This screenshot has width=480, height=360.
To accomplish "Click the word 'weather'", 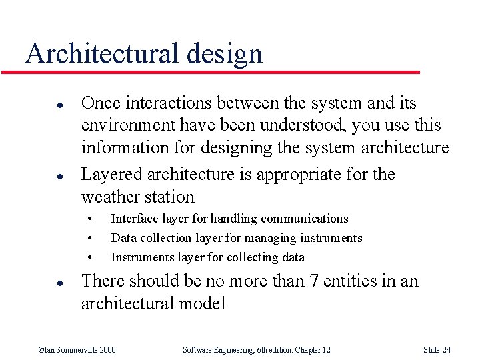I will tap(109, 197).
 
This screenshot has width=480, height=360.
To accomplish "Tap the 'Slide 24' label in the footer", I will tap(437, 350).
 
